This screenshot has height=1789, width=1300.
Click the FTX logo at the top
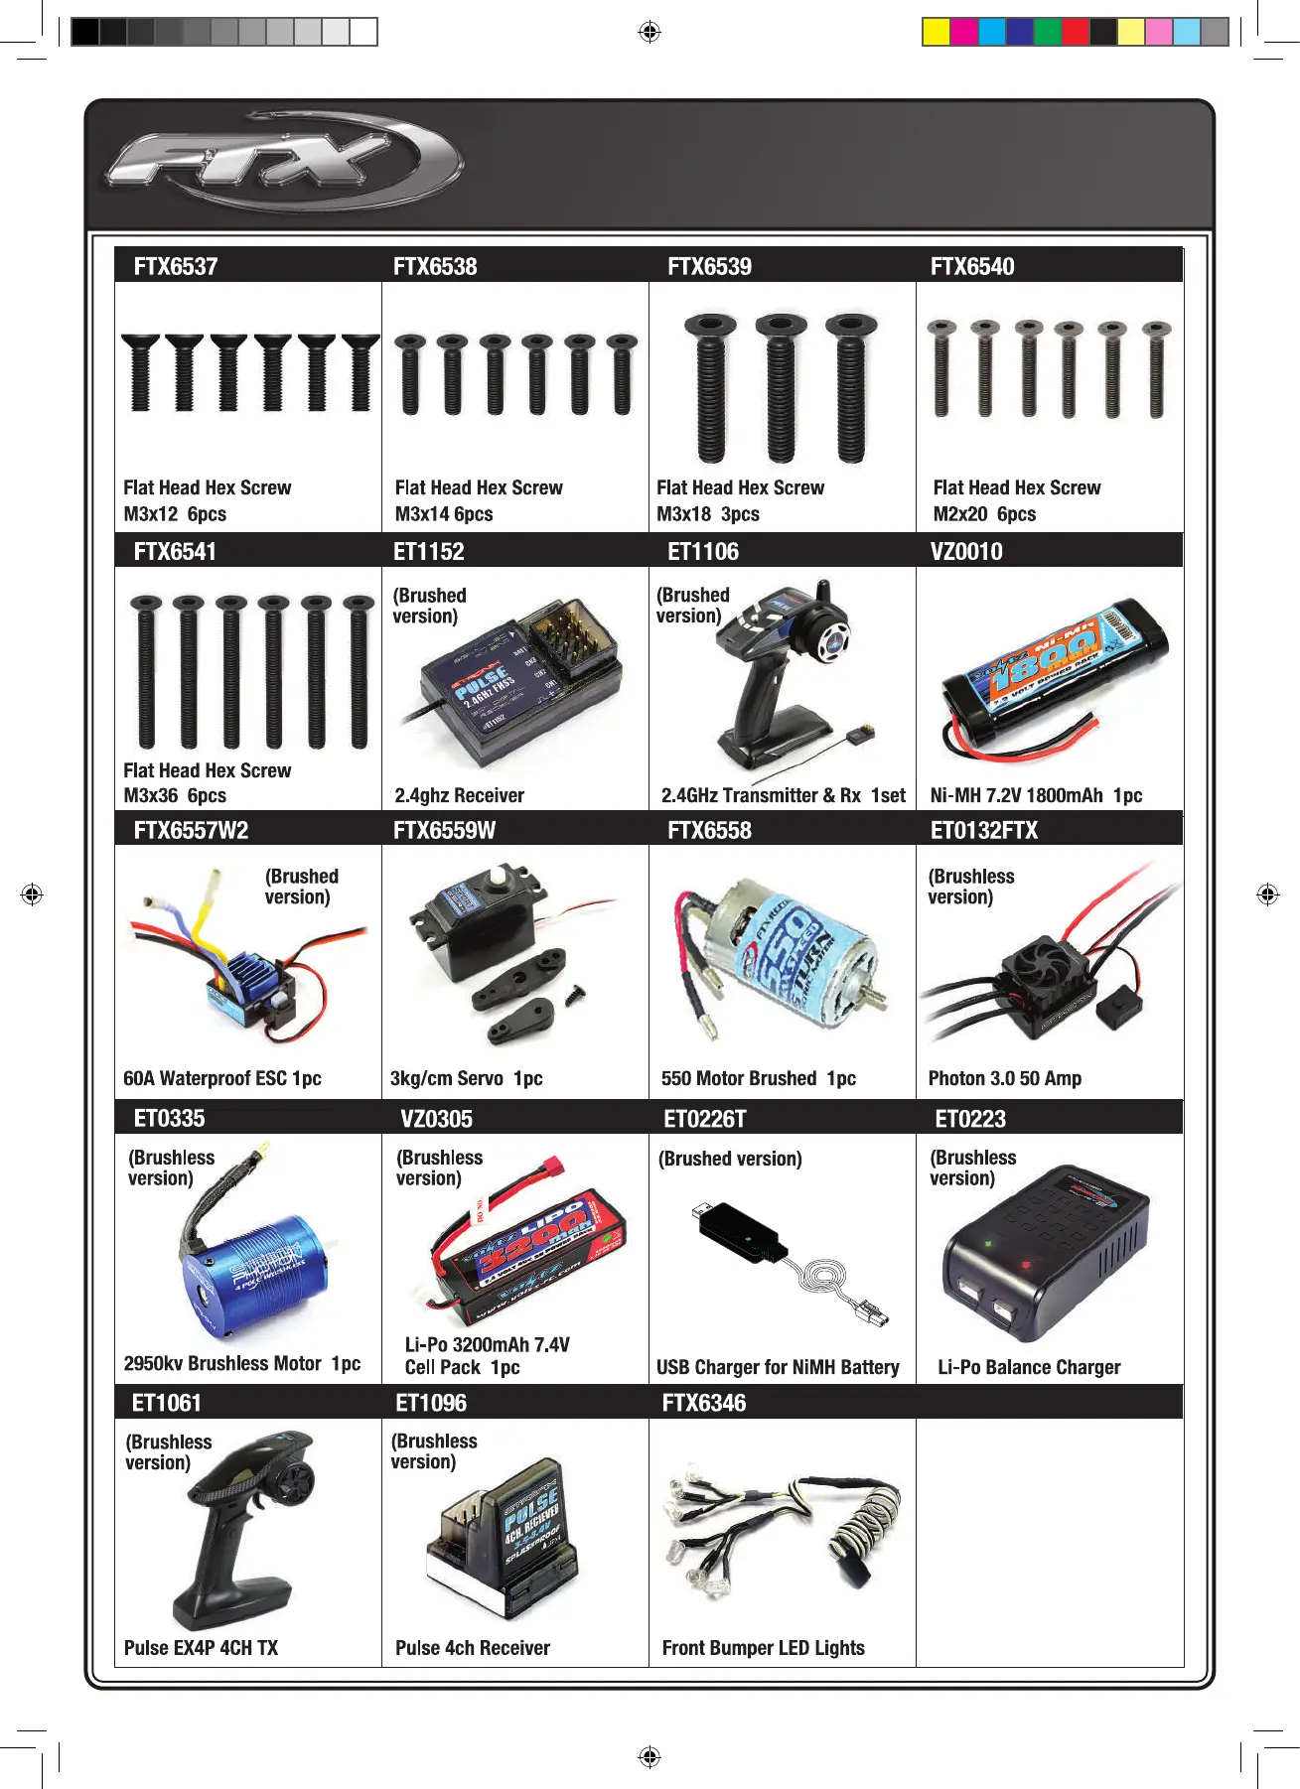tap(283, 162)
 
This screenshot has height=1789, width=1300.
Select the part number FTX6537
tap(176, 266)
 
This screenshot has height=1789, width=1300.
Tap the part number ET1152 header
tap(429, 551)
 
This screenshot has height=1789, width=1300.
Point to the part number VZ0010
tap(966, 551)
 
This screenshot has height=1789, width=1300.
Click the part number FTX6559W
tap(444, 830)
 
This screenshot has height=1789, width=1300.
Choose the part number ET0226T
tap(705, 1119)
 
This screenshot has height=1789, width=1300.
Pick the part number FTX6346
tap(704, 1403)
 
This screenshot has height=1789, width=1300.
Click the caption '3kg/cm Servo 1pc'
tap(466, 1078)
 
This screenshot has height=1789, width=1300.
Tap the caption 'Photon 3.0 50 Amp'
tap(1005, 1078)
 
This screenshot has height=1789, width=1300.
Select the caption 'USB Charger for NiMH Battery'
tap(778, 1367)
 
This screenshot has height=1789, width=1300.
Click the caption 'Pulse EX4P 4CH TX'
tap(201, 1648)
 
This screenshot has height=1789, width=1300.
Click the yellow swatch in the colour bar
tap(936, 32)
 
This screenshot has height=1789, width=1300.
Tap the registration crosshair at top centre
tap(650, 32)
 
